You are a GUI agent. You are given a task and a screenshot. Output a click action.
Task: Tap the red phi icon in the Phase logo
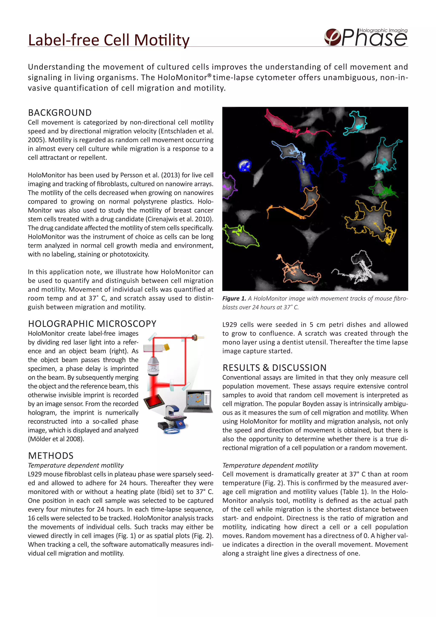pos(332,37)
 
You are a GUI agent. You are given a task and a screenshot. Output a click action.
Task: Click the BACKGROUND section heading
pos(60,112)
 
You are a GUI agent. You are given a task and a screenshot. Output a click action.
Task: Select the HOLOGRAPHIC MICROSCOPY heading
pos(92,324)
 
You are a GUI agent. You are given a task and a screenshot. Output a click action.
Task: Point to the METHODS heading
pos(50,456)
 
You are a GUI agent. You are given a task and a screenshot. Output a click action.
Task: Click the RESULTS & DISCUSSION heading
pos(274,368)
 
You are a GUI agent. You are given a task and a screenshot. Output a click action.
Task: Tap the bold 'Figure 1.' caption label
pos(234,298)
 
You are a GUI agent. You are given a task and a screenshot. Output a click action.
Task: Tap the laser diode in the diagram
pos(195,337)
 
